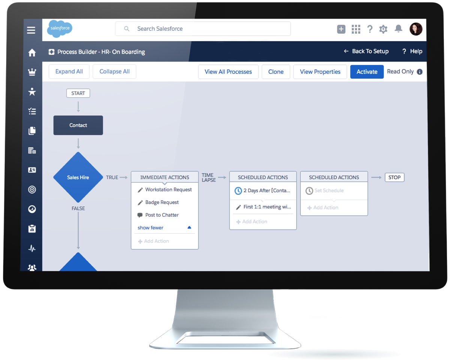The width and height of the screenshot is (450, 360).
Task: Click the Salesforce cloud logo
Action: tap(59, 29)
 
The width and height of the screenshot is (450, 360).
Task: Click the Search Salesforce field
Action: tap(202, 29)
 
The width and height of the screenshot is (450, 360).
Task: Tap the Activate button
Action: tap(367, 72)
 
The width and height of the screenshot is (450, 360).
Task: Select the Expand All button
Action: tap(69, 72)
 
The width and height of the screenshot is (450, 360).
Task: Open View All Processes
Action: tap(228, 72)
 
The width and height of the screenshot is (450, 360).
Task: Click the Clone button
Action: tap(276, 72)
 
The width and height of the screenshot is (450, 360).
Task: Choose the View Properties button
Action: tap(320, 72)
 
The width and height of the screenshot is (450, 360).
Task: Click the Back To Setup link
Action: tap(366, 51)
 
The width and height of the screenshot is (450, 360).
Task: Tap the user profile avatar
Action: tap(416, 29)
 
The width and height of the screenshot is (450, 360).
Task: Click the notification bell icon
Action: tap(398, 29)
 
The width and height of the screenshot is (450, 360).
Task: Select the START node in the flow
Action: tap(78, 93)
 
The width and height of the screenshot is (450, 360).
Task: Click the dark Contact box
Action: tap(78, 125)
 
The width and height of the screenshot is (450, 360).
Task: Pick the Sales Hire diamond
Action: tap(78, 177)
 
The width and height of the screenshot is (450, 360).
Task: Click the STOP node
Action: tap(394, 177)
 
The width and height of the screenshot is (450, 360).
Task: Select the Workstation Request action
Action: tap(168, 190)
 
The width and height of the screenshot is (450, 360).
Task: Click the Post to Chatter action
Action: tap(162, 215)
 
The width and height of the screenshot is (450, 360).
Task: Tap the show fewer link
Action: tap(150, 228)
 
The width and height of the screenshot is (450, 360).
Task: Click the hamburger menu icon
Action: tap(31, 30)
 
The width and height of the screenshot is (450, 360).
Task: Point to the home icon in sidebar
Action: tap(32, 53)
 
